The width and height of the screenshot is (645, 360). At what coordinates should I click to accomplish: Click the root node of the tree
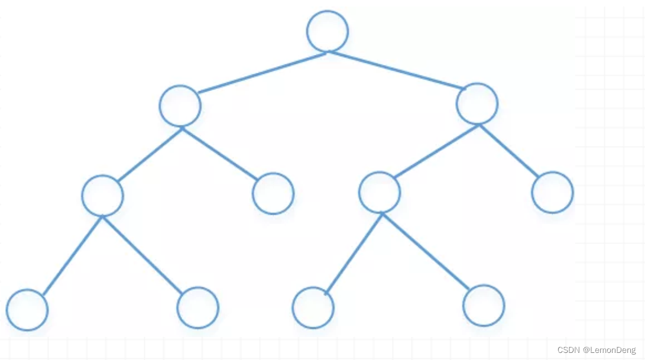point(328,31)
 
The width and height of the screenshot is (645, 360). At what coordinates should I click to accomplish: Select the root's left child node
point(180,106)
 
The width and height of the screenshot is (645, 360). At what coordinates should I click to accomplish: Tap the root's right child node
point(477,103)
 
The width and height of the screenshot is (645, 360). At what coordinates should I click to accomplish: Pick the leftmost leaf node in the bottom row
point(27,310)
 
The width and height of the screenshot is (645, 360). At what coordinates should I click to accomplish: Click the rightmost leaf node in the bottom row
point(484,306)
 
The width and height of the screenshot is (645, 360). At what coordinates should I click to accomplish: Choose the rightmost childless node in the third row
point(552,192)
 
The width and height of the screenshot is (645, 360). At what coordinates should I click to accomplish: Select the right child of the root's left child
point(273,193)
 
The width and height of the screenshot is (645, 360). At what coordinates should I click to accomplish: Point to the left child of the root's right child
point(380,192)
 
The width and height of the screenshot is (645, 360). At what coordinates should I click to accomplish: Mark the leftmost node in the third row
point(102,196)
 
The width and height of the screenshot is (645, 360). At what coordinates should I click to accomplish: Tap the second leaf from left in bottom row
point(198,307)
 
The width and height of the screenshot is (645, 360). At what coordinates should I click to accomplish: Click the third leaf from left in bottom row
point(313,307)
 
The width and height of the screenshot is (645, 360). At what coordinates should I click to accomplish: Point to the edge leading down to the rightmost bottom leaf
point(426,251)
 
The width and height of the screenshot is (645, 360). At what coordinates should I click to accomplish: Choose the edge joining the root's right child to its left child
point(436,151)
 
